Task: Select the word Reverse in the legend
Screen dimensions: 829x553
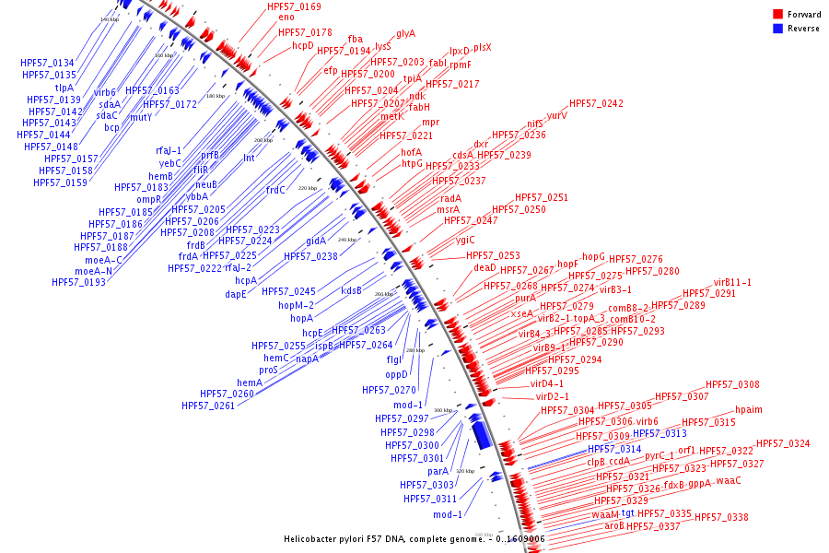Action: pyautogui.click(x=804, y=29)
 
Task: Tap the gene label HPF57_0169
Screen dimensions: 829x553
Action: pyautogui.click(x=294, y=7)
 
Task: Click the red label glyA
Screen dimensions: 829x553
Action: pyautogui.click(x=405, y=33)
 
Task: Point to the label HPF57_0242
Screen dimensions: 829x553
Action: pyautogui.click(x=596, y=104)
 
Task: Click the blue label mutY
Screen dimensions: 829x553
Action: pyautogui.click(x=140, y=117)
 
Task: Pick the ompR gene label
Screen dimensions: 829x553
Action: pyautogui.click(x=149, y=199)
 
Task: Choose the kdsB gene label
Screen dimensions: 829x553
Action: pyautogui.click(x=352, y=290)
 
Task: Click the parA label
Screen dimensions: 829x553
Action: pyautogui.click(x=438, y=471)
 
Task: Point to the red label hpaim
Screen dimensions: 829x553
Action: pyautogui.click(x=749, y=410)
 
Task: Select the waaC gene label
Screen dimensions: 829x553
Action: pyautogui.click(x=729, y=481)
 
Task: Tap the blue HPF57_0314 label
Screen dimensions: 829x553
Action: pyautogui.click(x=614, y=449)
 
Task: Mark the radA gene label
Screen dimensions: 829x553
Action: pyautogui.click(x=450, y=198)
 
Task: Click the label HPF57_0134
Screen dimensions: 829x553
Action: pyautogui.click(x=48, y=63)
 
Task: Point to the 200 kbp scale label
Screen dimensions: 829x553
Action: pyautogui.click(x=263, y=140)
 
